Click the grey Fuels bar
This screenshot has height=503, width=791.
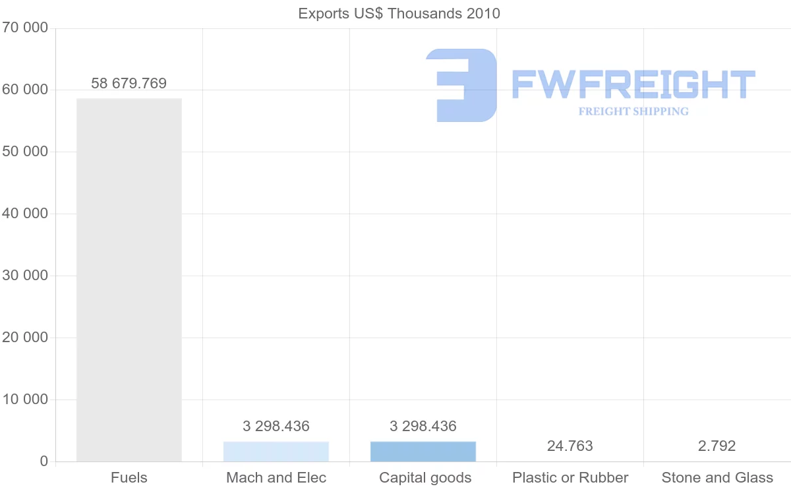tap(129, 280)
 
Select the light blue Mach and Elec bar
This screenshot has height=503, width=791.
tap(276, 452)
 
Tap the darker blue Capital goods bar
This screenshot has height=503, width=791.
tap(423, 452)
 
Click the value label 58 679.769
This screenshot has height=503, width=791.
tap(129, 84)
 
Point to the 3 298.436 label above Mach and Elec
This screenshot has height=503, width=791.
tap(276, 427)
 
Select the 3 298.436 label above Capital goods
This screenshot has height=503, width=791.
tap(423, 427)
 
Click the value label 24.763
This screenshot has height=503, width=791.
tap(570, 446)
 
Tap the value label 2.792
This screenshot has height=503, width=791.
tap(717, 446)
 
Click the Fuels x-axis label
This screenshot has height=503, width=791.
tap(129, 478)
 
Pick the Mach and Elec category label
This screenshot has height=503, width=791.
tap(276, 478)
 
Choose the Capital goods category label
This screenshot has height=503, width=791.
tap(425, 478)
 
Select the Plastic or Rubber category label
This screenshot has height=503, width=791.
tap(570, 478)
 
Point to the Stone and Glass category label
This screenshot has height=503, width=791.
tap(717, 478)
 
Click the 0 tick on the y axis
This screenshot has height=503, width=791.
tap(44, 461)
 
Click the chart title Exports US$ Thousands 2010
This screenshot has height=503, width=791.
tap(399, 13)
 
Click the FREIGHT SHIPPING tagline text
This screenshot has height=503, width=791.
tap(633, 111)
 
